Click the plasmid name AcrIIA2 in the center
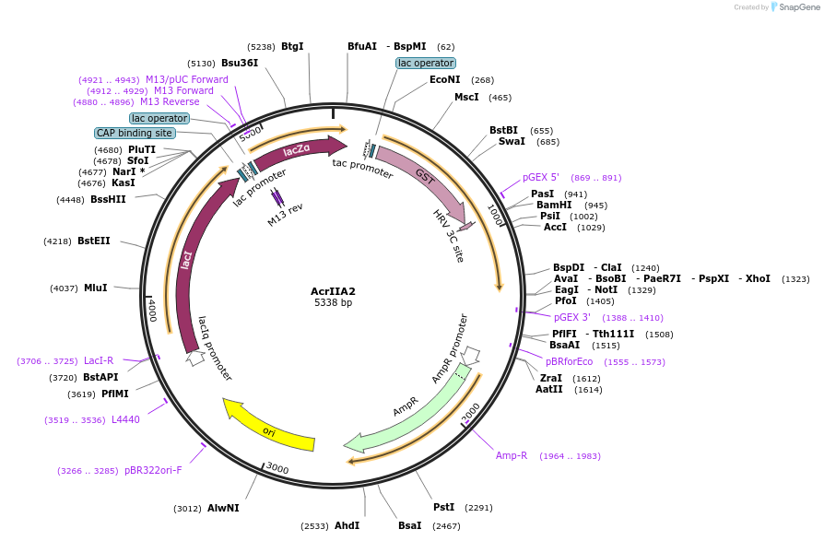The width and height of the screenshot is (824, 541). pyautogui.click(x=333, y=291)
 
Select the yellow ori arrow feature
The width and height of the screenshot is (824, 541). pyautogui.click(x=269, y=426)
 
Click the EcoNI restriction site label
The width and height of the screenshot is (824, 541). pyautogui.click(x=445, y=80)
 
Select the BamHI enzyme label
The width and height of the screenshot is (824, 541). pyautogui.click(x=554, y=206)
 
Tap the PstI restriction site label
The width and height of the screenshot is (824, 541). pyautogui.click(x=443, y=507)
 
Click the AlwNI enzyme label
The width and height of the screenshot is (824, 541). pyautogui.click(x=223, y=508)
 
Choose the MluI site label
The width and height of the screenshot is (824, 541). pyautogui.click(x=96, y=288)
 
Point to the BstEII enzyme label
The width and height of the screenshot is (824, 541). pyautogui.click(x=93, y=241)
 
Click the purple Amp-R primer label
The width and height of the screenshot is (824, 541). pyautogui.click(x=512, y=455)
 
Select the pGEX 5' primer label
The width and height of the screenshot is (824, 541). pyautogui.click(x=541, y=177)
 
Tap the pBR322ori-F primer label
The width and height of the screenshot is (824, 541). pyautogui.click(x=153, y=470)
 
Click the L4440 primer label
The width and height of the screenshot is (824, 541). pyautogui.click(x=125, y=420)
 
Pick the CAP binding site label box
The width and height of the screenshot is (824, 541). pyautogui.click(x=135, y=133)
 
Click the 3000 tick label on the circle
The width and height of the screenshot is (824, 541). pyautogui.click(x=277, y=469)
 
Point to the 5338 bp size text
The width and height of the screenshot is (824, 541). pyautogui.click(x=333, y=303)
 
